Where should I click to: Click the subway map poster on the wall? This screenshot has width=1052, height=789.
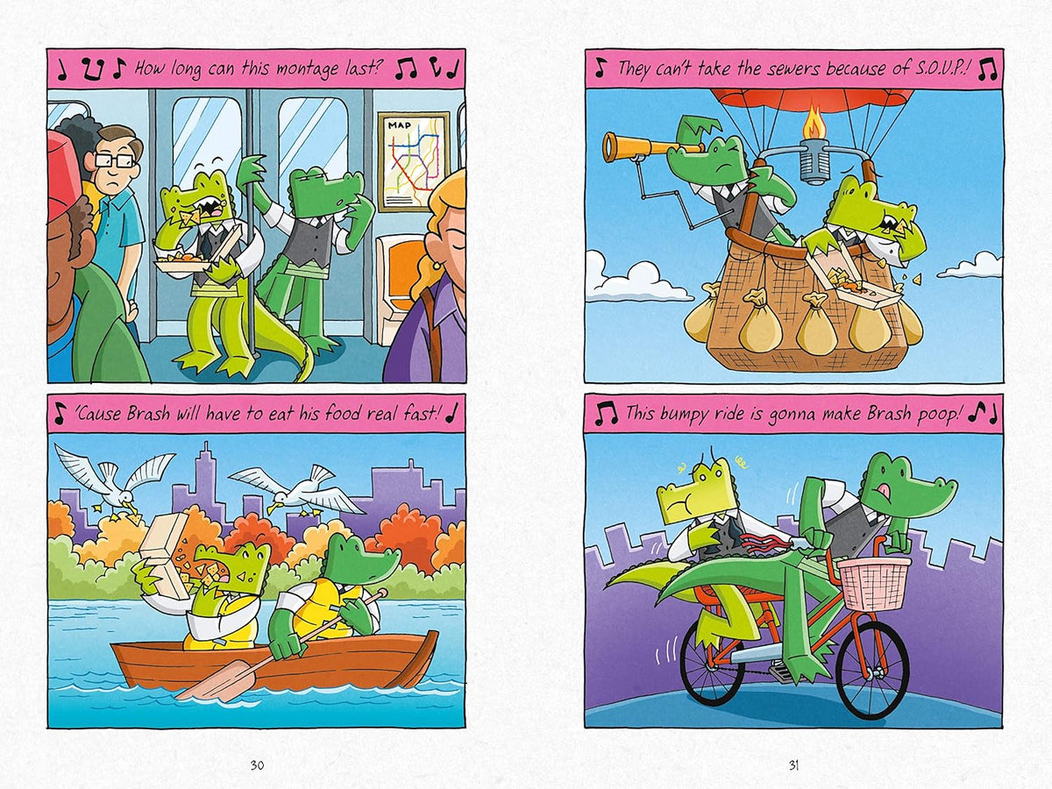(x=414, y=162)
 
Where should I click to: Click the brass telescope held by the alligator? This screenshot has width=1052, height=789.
(x=643, y=146)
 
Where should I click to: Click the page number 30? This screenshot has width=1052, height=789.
(x=257, y=765)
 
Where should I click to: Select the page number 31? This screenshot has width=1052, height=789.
(x=793, y=765)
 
